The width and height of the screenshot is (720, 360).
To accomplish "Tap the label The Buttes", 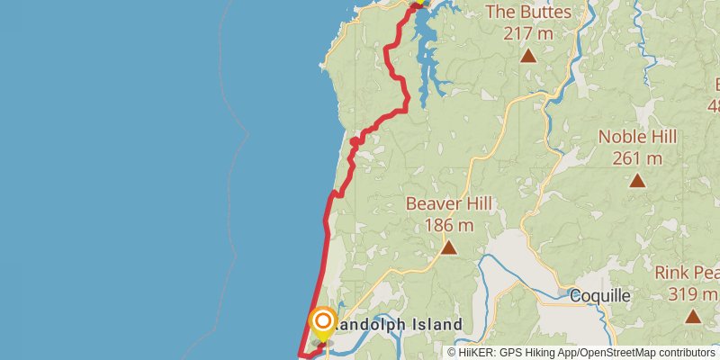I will click(528, 12).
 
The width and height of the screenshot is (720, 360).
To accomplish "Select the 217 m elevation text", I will click(528, 33).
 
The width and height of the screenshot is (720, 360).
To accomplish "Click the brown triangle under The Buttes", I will click(528, 56).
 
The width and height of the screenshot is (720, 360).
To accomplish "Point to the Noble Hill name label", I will click(637, 137).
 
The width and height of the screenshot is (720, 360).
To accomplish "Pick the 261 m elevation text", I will click(637, 158).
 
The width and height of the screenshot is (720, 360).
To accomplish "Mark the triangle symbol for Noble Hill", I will click(637, 180).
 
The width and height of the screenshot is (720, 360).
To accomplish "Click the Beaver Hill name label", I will click(448, 203).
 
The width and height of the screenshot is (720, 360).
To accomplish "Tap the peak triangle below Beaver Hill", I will click(448, 247).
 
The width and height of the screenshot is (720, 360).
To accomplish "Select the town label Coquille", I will click(600, 296).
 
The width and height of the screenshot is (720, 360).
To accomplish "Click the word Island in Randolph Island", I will click(433, 324).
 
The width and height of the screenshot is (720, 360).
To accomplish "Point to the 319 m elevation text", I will click(693, 293).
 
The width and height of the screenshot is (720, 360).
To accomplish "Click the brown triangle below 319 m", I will click(693, 316).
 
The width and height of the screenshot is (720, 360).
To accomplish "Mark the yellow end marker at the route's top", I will click(418, 3).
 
